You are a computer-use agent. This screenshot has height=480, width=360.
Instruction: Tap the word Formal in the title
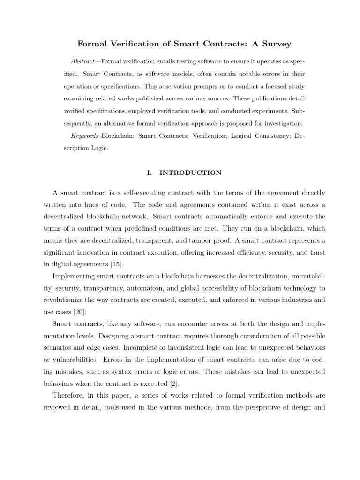pyautogui.click(x=93, y=44)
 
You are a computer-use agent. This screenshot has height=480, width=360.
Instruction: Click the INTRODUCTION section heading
pyautogui.click(x=190, y=172)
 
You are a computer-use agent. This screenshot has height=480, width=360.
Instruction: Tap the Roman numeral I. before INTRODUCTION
pyautogui.click(x=150, y=172)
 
